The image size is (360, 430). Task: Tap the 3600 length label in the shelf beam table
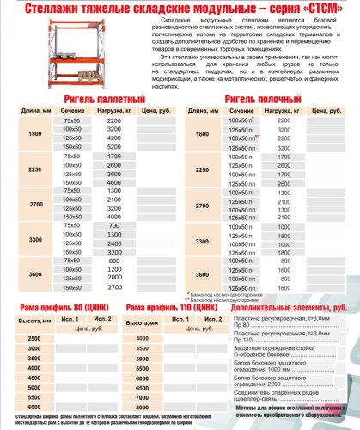pyautogui.click(x=202, y=273)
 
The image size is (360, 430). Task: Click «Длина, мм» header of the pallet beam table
pyautogui.click(x=34, y=111)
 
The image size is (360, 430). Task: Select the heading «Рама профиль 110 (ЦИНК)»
pyautogui.click(x=174, y=307)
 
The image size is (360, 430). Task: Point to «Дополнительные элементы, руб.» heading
pyautogui.click(x=290, y=307)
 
